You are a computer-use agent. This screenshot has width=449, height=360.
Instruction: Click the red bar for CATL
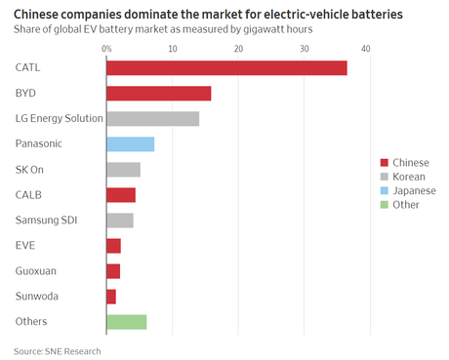[x=226, y=67]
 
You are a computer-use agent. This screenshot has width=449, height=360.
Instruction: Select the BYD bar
[x=158, y=93]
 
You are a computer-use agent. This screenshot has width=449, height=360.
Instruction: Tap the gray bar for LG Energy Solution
[x=152, y=118]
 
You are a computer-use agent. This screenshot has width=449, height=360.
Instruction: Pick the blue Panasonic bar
[x=130, y=143]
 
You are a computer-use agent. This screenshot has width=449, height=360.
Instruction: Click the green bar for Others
[x=126, y=321]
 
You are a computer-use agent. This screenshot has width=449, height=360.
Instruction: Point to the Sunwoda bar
[x=111, y=296]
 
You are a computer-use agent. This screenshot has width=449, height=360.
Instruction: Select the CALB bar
[x=121, y=194]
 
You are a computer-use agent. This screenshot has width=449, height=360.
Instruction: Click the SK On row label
[x=30, y=169]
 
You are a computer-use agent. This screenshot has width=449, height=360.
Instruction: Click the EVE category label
[x=25, y=245]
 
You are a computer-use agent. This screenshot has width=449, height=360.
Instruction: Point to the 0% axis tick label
[x=105, y=48]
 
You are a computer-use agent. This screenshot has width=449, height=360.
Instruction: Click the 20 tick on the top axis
[x=238, y=48]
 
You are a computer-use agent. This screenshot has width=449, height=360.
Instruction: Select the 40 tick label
[x=366, y=48]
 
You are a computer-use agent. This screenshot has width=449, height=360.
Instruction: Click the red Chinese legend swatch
[x=384, y=163]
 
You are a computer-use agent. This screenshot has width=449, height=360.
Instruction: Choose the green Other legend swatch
[x=384, y=205]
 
